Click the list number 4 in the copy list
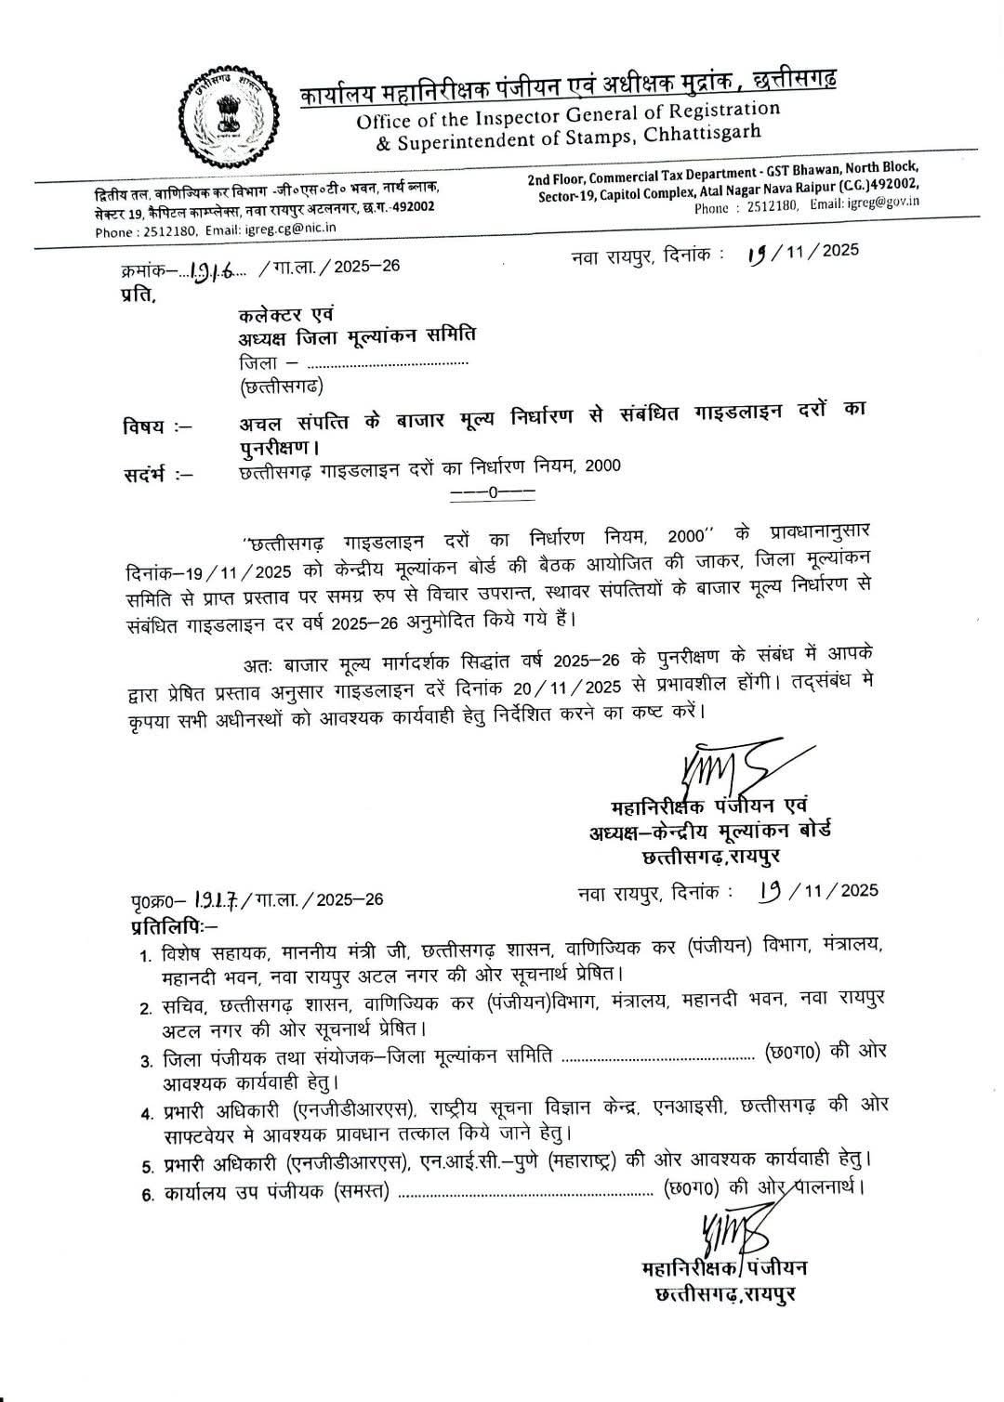click(146, 1113)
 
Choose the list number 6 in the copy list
click(146, 1194)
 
